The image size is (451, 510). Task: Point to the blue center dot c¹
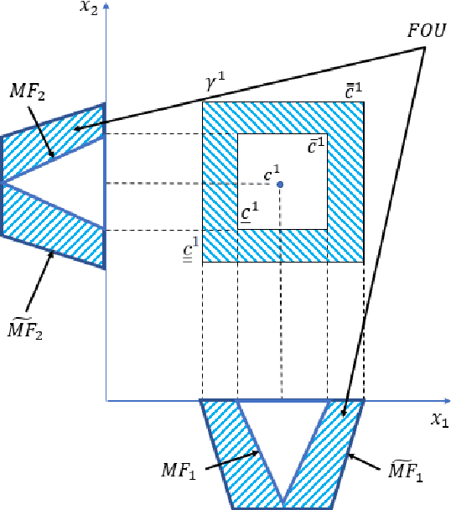280,185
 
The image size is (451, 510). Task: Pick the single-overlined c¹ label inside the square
316,144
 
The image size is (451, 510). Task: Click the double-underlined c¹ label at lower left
190,248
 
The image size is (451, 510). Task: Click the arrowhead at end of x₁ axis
446,401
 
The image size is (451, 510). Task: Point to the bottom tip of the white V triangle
283,506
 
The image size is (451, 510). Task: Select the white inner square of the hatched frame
283,181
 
